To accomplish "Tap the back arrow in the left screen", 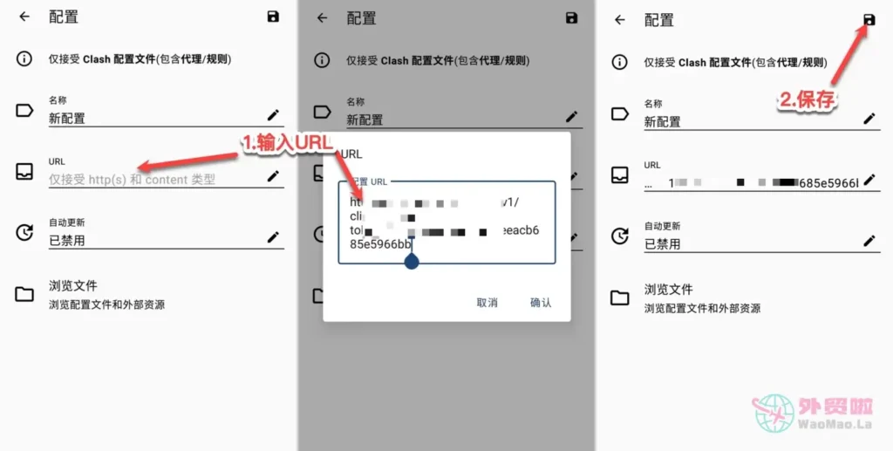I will pyautogui.click(x=24, y=17).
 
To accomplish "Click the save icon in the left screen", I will pyautogui.click(x=273, y=17).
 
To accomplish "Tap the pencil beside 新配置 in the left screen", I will pyautogui.click(x=273, y=115).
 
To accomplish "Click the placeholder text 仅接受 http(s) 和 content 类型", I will pyautogui.click(x=132, y=180).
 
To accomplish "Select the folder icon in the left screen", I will pyautogui.click(x=24, y=294).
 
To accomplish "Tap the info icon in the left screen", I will pyautogui.click(x=24, y=59).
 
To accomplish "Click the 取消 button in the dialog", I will pyautogui.click(x=487, y=303).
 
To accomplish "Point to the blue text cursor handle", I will pyautogui.click(x=412, y=261).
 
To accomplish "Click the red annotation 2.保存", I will pyautogui.click(x=807, y=100).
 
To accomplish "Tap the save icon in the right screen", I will pyautogui.click(x=869, y=19).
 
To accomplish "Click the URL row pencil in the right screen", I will pyautogui.click(x=869, y=181).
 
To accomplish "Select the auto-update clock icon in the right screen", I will pyautogui.click(x=619, y=236).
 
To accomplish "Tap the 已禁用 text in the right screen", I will pyautogui.click(x=662, y=244).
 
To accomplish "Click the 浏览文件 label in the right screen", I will pyautogui.click(x=668, y=290).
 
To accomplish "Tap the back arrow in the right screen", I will pyautogui.click(x=620, y=20).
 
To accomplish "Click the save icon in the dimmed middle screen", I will pyautogui.click(x=571, y=18).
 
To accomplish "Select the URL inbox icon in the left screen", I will pyautogui.click(x=24, y=172).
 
